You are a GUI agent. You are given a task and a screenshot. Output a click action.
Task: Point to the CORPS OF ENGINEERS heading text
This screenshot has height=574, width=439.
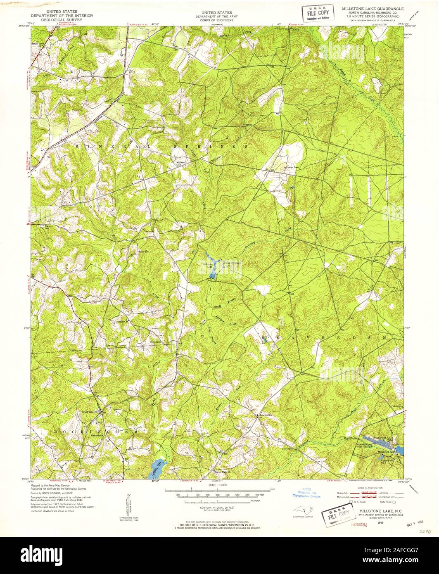[214, 20]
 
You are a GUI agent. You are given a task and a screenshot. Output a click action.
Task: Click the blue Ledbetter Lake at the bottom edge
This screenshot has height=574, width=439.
[158, 467]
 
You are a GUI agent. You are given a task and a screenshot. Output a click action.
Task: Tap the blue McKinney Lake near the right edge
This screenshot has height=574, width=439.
[399, 450]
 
